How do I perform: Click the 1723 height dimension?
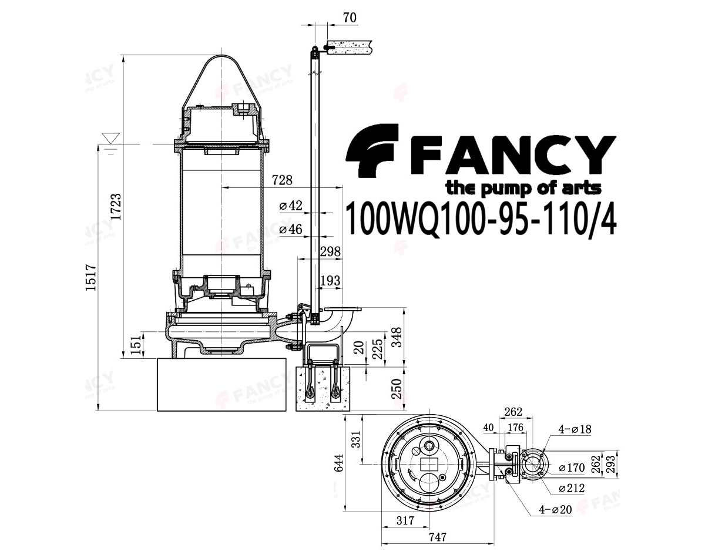[x=116, y=207]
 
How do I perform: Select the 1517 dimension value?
[x=90, y=277]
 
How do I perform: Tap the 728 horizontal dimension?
[x=282, y=180]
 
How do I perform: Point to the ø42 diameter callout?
[x=291, y=206]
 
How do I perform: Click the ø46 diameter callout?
[x=291, y=229]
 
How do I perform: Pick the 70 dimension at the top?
[x=349, y=18]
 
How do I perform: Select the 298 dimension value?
[x=330, y=251]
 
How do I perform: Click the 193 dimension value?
[x=330, y=281]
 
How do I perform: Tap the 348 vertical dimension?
[x=397, y=338]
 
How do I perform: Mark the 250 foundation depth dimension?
[x=397, y=389]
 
